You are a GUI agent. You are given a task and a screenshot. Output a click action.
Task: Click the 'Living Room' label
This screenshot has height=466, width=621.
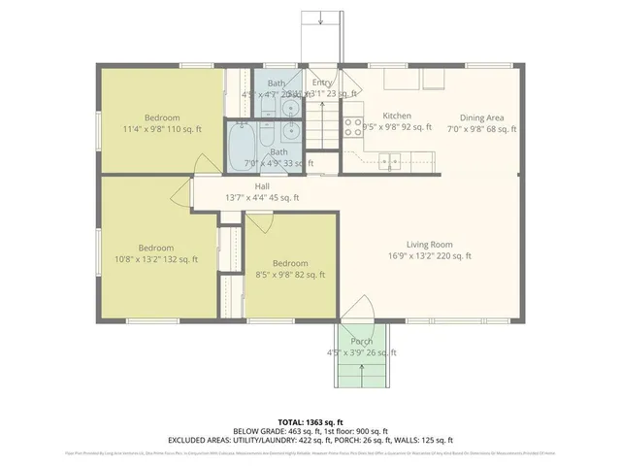point(429,244)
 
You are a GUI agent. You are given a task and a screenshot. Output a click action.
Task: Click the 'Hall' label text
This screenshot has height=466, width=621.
point(262,185)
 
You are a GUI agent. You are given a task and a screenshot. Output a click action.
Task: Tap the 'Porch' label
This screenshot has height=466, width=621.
point(362,341)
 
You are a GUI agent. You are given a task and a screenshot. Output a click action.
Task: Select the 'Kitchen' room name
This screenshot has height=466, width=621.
point(397,115)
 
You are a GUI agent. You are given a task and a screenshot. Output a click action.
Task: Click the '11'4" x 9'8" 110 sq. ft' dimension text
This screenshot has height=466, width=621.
point(162,129)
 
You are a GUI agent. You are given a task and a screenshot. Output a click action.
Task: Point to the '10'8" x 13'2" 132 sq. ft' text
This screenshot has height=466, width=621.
point(155,259)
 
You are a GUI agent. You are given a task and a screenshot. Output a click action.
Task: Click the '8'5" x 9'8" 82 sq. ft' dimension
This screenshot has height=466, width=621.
point(289,275)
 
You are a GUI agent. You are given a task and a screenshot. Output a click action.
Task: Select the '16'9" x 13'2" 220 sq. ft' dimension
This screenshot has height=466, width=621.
point(429,256)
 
